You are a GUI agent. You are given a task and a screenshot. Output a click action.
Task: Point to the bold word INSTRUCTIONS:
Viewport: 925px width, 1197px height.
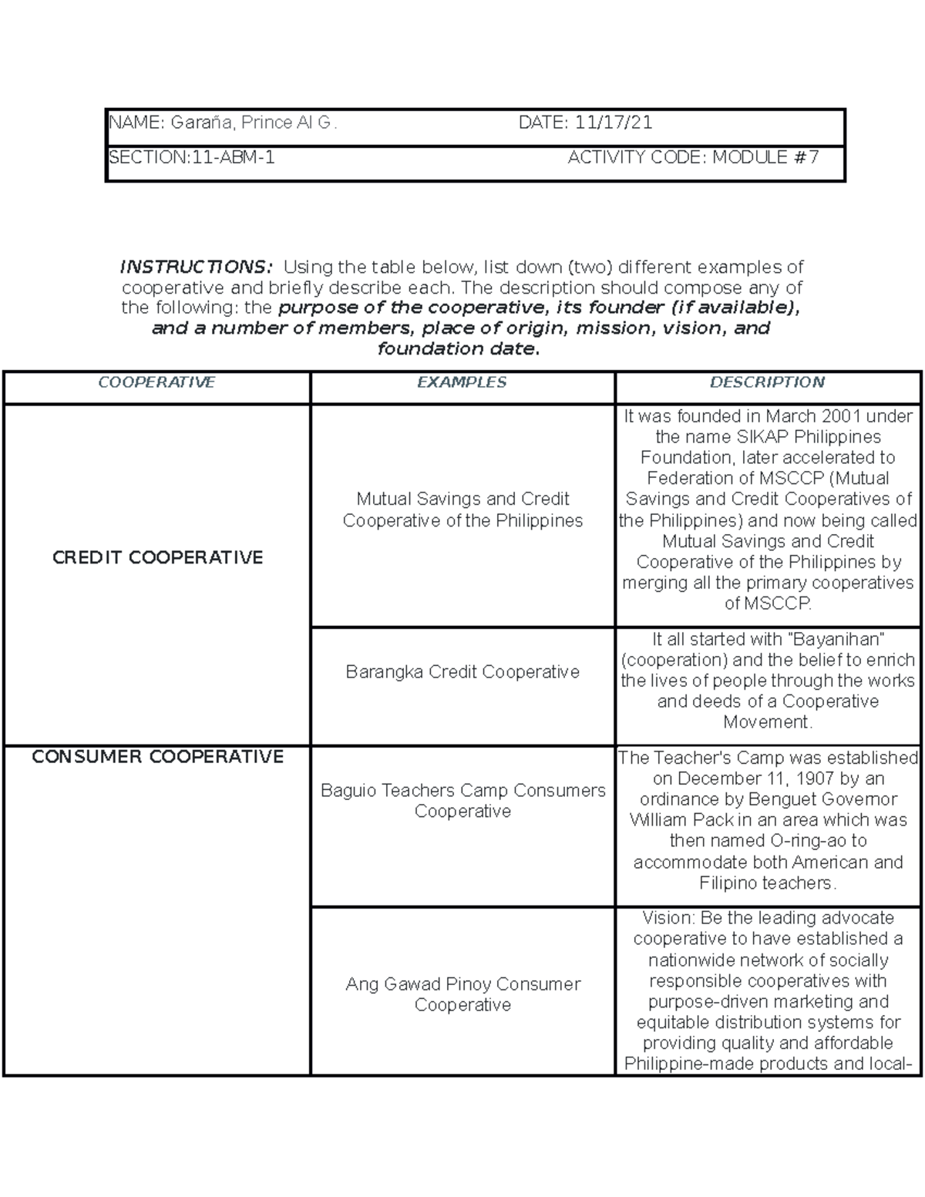(x=197, y=267)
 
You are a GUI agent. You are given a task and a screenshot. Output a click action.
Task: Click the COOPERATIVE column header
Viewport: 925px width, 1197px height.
(x=156, y=382)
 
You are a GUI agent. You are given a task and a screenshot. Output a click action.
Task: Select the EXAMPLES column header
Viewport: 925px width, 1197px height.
(x=462, y=382)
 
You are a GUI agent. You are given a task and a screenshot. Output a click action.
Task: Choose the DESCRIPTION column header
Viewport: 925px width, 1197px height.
(x=767, y=382)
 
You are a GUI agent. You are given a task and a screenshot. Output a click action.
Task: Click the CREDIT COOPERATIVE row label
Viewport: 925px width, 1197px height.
(x=157, y=557)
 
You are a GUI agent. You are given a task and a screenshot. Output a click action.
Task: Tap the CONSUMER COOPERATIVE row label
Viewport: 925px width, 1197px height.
(x=157, y=757)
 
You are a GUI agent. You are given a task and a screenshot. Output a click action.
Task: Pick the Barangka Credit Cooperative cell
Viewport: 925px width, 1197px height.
(x=462, y=672)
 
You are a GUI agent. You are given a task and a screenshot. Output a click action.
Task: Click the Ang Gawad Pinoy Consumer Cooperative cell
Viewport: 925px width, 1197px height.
(x=462, y=994)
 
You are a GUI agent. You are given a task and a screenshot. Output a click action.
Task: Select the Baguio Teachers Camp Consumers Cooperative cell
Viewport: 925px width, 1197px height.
(x=462, y=801)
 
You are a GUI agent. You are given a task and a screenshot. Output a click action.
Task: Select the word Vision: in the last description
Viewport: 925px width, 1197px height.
(x=668, y=918)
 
